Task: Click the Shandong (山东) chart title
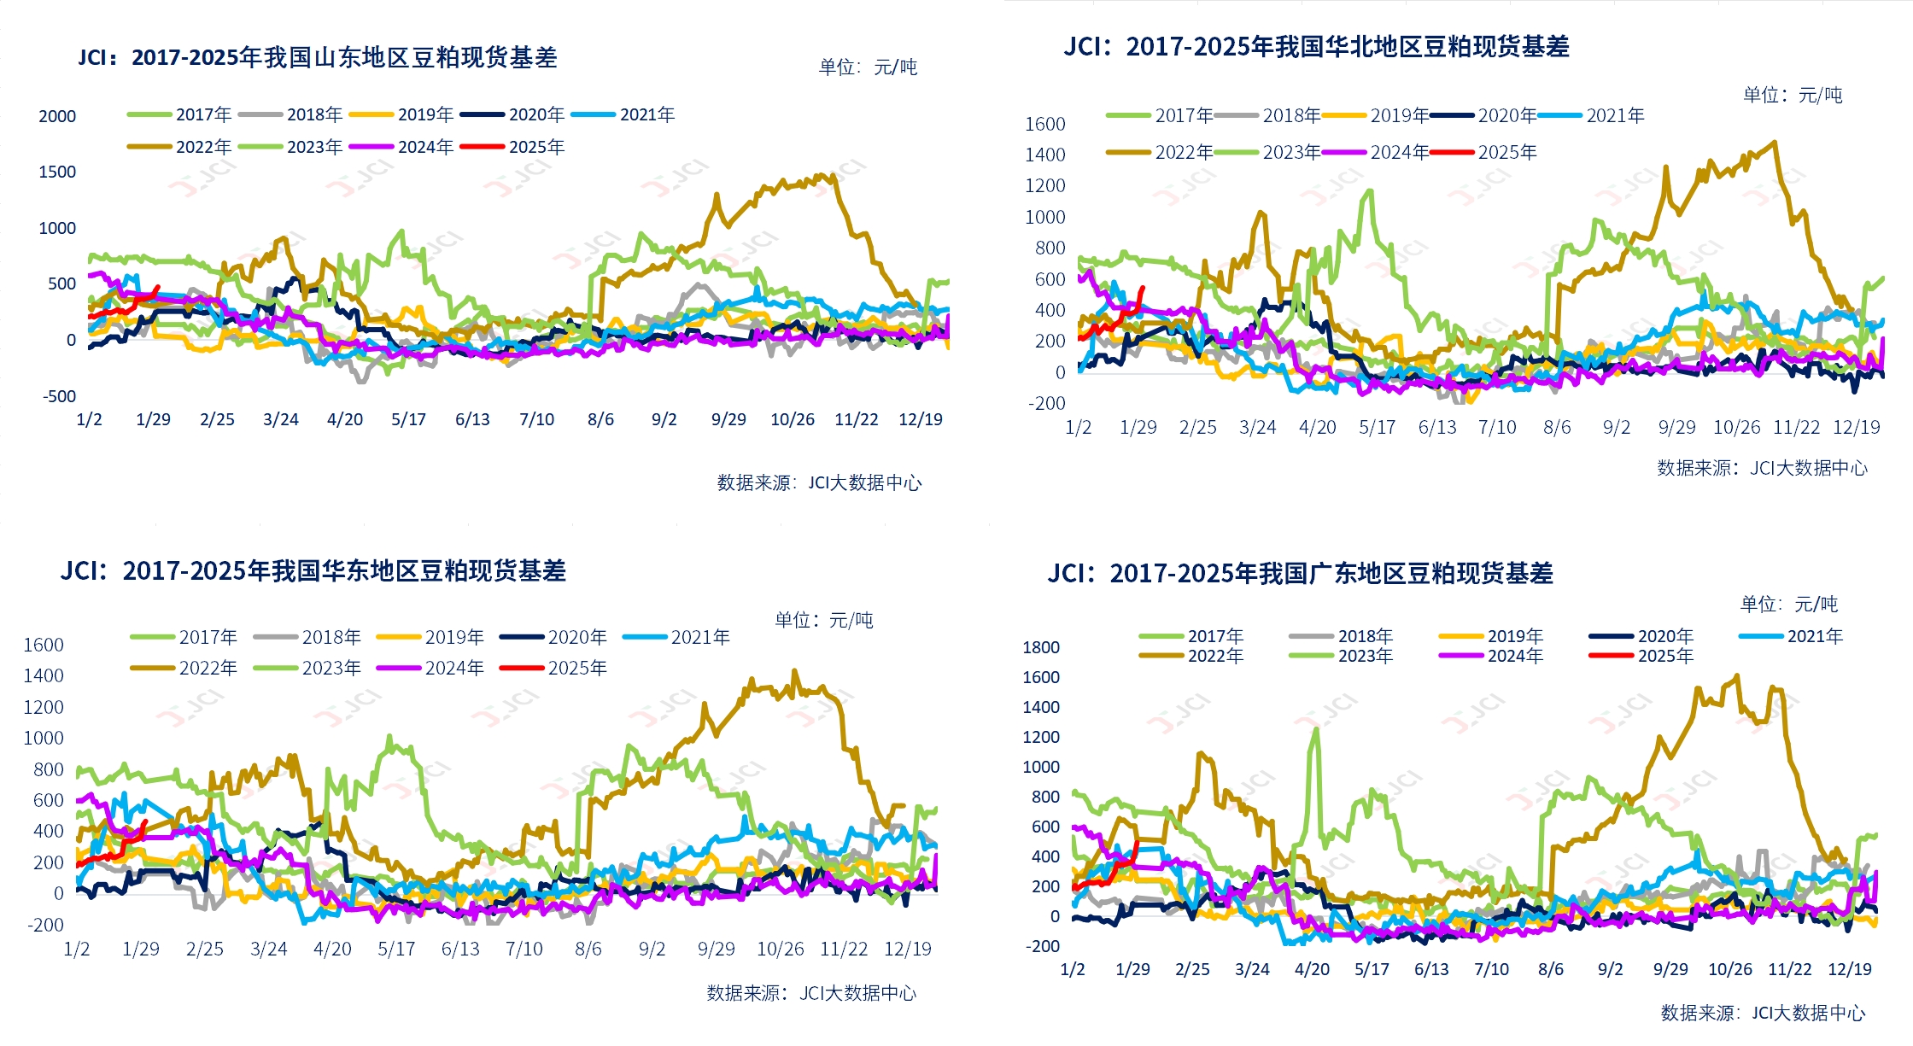(x=318, y=57)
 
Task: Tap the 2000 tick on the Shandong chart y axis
(x=57, y=116)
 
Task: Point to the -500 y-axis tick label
(x=59, y=396)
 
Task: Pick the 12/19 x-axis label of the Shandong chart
(x=921, y=419)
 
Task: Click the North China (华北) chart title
(x=1316, y=46)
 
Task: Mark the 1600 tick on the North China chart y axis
(x=1044, y=124)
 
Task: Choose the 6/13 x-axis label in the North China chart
(x=1437, y=427)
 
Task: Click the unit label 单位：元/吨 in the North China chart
(x=1793, y=95)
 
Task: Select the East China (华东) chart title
(x=313, y=570)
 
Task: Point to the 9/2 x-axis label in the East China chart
(x=652, y=949)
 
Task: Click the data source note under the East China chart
(x=811, y=993)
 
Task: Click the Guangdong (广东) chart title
(x=1300, y=573)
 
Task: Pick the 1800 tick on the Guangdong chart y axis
(x=1040, y=647)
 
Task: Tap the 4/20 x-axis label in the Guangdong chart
(x=1312, y=969)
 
